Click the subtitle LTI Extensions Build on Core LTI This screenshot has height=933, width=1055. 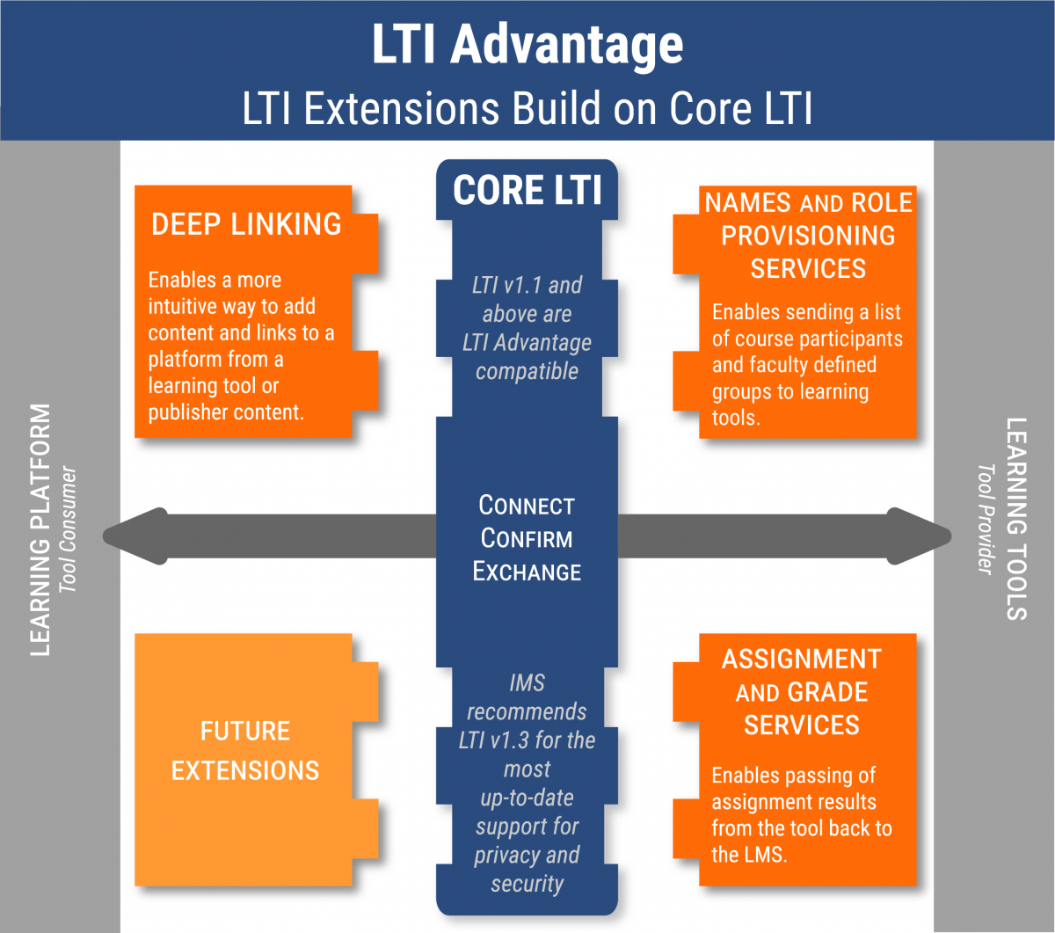(527, 108)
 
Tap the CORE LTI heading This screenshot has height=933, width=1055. (527, 190)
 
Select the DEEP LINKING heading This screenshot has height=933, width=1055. (246, 224)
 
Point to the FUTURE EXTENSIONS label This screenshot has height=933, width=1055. (245, 750)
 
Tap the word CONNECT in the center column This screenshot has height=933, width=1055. (527, 506)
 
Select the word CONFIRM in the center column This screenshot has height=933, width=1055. (527, 538)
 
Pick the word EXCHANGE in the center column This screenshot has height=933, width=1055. (527, 572)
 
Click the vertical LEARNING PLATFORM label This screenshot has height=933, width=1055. (40, 530)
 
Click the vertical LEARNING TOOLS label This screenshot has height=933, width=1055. (1016, 519)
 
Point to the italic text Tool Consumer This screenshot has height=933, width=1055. (69, 529)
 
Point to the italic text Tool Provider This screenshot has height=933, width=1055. (986, 519)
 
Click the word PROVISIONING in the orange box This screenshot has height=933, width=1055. (808, 236)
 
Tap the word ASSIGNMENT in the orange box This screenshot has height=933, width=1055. (801, 660)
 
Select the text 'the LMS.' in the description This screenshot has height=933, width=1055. (749, 854)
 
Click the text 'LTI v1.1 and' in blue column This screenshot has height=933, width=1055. (527, 285)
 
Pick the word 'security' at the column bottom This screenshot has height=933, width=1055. (527, 884)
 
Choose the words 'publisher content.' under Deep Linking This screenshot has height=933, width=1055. (226, 412)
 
